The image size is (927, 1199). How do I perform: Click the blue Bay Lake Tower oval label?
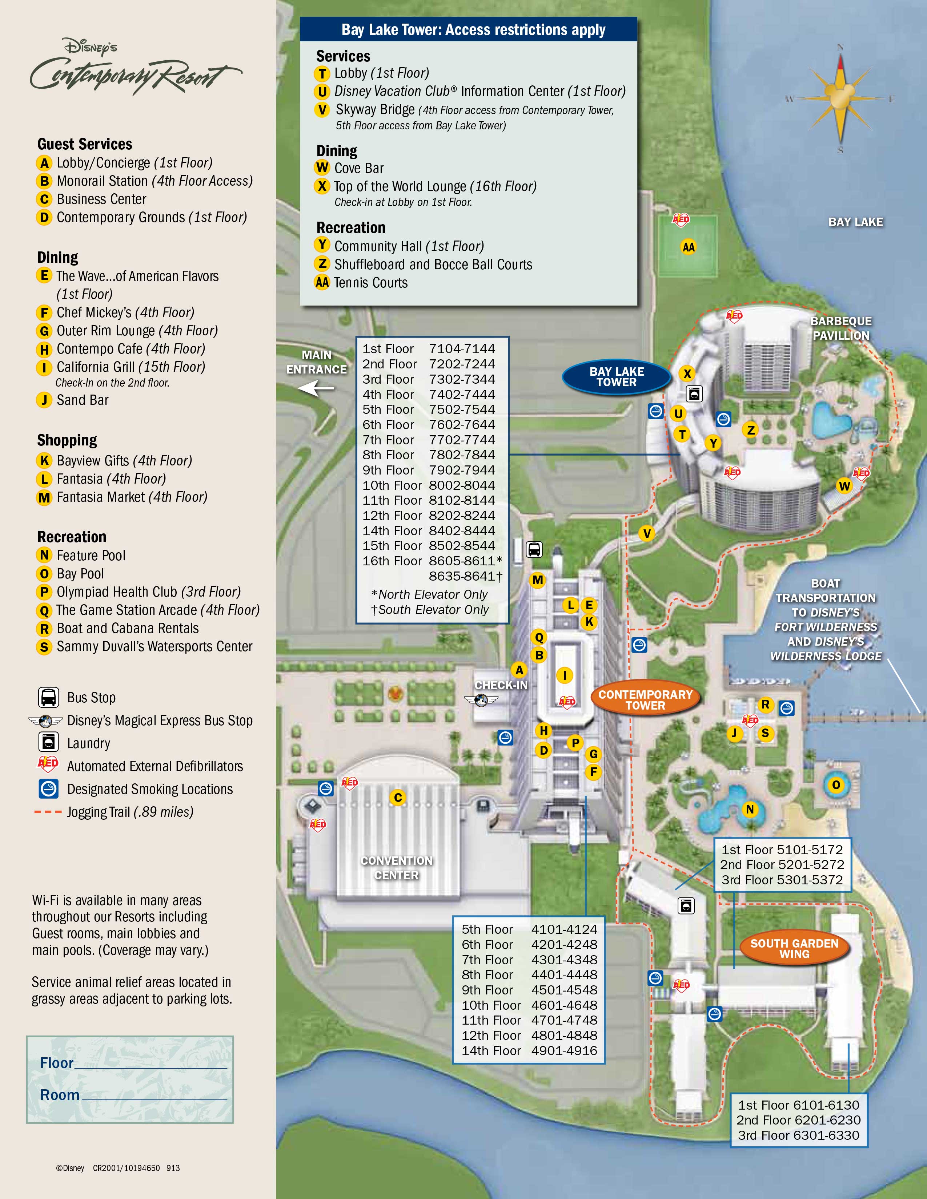[x=616, y=377]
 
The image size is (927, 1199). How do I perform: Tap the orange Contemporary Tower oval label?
[x=645, y=699]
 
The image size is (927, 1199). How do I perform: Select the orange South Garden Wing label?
[x=794, y=948]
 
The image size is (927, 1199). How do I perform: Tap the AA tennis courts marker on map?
[x=688, y=247]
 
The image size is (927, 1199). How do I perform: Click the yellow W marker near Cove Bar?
[x=844, y=485]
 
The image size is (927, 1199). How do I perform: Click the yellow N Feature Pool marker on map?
[x=750, y=809]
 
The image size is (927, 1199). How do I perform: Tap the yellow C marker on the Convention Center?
[x=398, y=798]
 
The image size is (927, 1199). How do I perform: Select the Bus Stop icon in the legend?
[x=48, y=697]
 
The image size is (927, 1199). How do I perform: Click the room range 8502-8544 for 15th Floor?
[x=462, y=546]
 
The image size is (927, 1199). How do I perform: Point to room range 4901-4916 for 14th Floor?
[x=564, y=1050]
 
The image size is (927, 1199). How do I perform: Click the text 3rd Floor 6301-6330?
[x=799, y=1135]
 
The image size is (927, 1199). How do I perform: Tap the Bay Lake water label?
[x=855, y=222]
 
